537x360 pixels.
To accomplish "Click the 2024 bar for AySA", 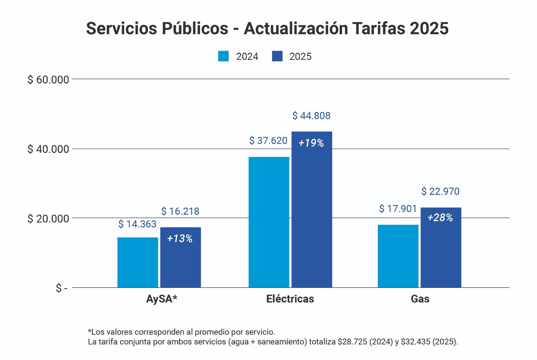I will tap(138, 262).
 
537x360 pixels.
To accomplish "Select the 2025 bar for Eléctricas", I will tap(311, 215).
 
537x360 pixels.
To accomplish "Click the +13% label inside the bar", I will tap(180, 239).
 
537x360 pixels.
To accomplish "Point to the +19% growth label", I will tap(311, 143).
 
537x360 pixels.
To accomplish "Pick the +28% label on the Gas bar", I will tap(440, 218).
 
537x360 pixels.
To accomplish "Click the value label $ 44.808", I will tap(311, 116).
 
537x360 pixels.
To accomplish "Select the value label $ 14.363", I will tap(137, 224).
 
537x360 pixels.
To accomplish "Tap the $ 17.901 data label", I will tap(398, 209).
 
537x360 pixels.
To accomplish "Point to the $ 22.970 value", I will tap(440, 191).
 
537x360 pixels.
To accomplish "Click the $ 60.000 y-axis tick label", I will tap(48, 80).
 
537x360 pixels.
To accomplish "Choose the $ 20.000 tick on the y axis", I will tap(48, 219).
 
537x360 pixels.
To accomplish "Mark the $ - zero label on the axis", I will tap(61, 288).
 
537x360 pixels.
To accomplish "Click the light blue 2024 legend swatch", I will tap(224, 56).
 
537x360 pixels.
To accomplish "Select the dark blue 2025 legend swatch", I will tap(277, 56).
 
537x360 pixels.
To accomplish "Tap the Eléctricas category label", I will tap(290, 299).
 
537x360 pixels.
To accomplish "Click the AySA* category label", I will tap(161, 299).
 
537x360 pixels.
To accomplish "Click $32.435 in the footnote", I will tap(415, 342).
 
